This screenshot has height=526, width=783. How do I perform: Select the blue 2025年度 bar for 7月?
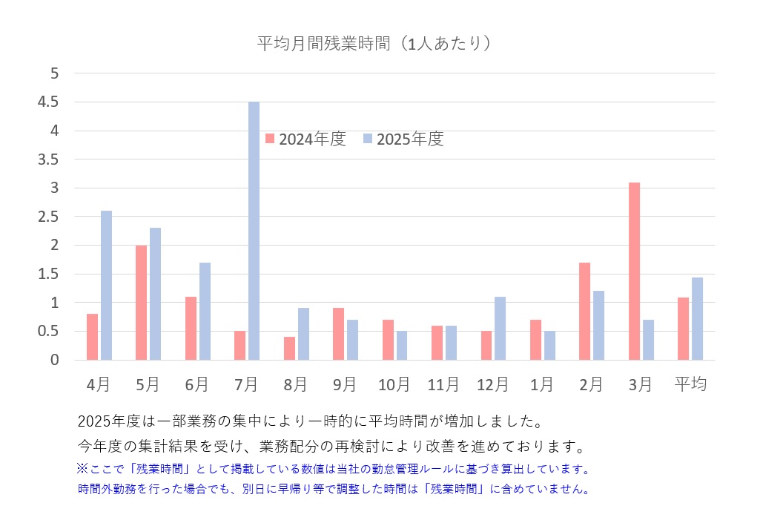(254, 231)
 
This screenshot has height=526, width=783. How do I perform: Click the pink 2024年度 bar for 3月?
(634, 271)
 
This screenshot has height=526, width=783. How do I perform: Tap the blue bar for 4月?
(106, 286)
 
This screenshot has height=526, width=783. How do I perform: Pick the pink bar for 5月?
(141, 303)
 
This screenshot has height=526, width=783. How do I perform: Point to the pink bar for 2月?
(584, 312)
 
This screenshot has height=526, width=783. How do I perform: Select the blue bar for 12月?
(500, 329)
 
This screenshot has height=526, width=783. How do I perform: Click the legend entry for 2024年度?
(305, 139)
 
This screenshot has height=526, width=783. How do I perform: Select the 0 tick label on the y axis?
(54, 360)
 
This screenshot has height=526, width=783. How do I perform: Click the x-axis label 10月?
(394, 384)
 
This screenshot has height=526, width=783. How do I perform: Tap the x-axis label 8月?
(295, 384)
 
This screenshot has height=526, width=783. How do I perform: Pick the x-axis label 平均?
(690, 384)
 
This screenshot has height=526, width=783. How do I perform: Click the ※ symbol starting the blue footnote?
(82, 470)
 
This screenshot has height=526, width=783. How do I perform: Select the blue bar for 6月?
(205, 312)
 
